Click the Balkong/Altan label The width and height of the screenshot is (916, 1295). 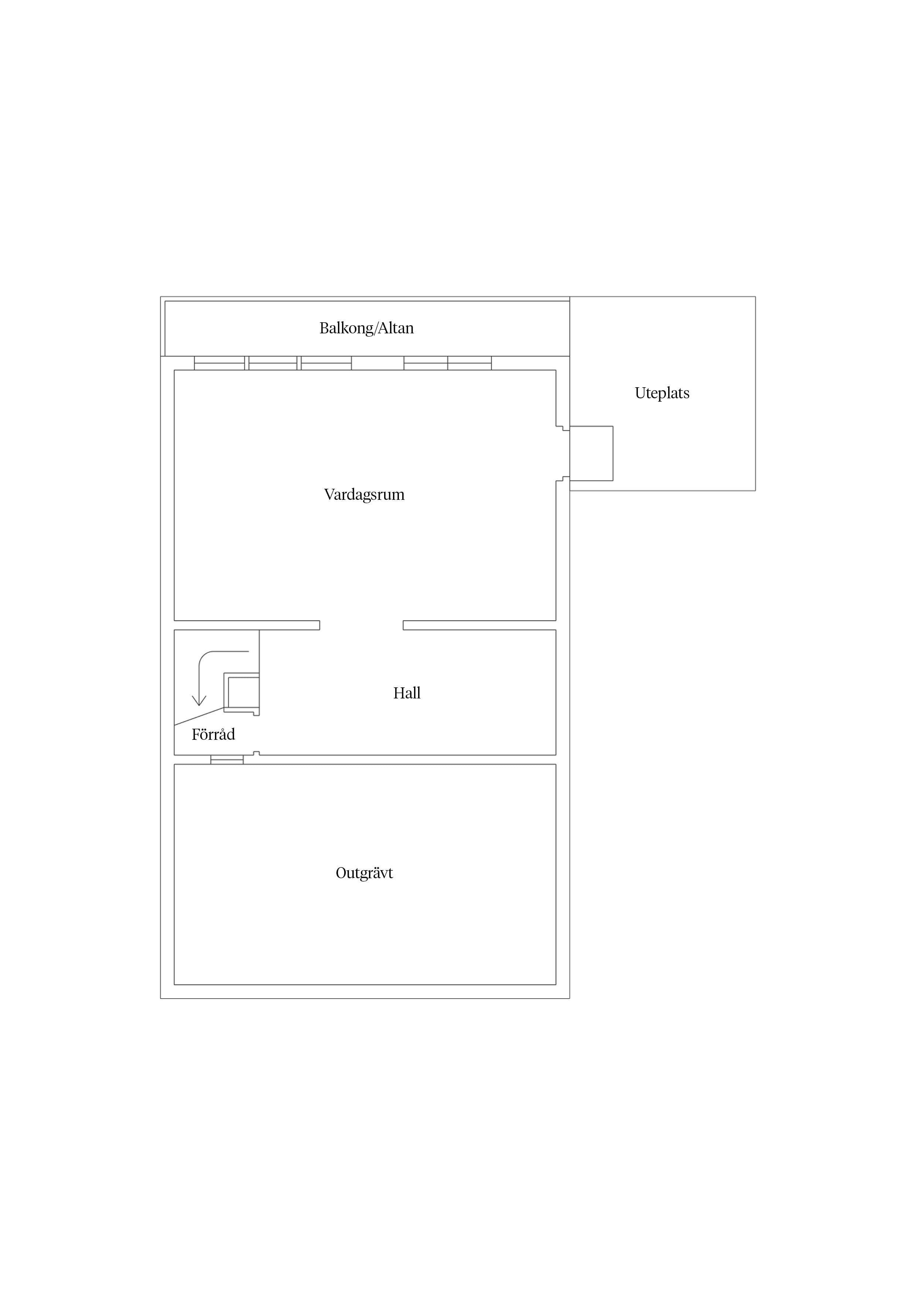(366, 328)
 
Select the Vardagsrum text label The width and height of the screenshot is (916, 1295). (364, 495)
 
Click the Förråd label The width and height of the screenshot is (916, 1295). (213, 734)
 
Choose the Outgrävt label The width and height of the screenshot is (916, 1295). (364, 873)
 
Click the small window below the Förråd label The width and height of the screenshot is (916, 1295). (227, 760)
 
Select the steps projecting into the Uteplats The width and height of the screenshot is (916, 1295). (591, 453)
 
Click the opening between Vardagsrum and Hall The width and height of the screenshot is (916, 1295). (361, 625)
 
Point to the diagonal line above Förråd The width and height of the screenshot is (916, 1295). (199, 716)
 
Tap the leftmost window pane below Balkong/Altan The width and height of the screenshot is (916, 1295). (219, 363)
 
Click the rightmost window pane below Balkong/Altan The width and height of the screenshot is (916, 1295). (469, 363)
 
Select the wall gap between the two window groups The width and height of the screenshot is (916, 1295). (377, 363)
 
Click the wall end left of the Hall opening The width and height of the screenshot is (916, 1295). (319, 625)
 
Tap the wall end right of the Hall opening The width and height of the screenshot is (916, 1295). (404, 625)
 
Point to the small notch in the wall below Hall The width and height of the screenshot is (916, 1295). (256, 753)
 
